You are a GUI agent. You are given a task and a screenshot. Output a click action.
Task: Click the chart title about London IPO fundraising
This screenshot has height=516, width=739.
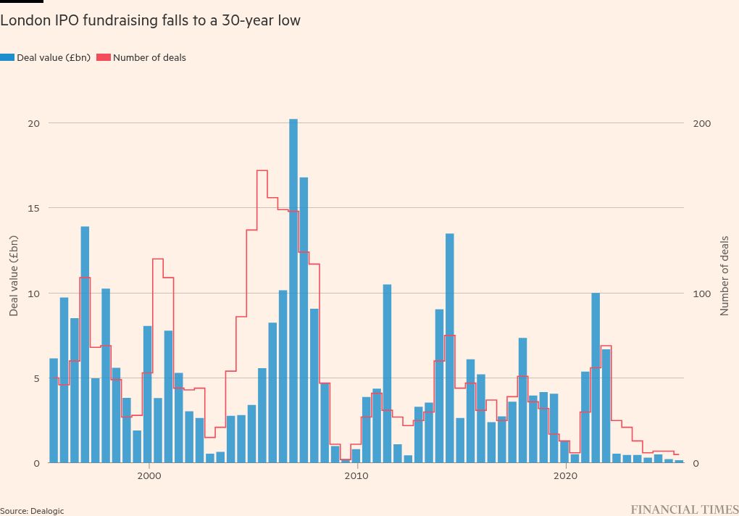coord(150,20)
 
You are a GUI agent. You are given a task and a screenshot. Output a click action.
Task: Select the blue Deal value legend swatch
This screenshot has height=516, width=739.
coord(7,57)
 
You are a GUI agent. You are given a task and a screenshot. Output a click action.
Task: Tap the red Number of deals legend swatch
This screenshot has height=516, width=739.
coord(104,57)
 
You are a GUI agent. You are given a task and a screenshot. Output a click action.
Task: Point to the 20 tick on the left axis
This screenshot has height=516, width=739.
coord(33,123)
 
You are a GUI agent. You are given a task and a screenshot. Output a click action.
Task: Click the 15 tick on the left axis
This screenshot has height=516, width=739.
coord(33,208)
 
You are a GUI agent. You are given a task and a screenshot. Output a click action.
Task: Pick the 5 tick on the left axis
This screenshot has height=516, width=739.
coord(36,378)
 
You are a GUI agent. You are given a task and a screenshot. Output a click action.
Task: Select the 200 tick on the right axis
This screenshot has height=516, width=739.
coord(701,123)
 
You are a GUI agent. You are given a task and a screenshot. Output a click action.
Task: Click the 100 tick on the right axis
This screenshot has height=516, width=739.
coord(701,294)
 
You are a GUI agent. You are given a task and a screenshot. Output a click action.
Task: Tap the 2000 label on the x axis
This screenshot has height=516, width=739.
coord(149,476)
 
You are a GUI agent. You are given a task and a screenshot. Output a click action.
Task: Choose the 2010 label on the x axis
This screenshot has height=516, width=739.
coord(356,476)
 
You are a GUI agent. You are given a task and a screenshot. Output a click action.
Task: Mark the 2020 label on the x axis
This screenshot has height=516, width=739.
coord(565,476)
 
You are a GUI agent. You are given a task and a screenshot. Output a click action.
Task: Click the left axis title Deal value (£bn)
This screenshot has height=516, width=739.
coord(14,276)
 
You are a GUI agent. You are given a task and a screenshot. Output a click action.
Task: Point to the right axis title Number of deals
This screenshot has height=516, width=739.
coord(725,276)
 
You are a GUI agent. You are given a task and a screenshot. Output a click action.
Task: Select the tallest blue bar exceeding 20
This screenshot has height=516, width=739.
coord(293,290)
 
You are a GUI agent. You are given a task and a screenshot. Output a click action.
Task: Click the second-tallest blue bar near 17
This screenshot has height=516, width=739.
coord(304,319)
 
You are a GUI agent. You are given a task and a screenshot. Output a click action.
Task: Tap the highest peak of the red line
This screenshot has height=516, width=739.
coord(262,171)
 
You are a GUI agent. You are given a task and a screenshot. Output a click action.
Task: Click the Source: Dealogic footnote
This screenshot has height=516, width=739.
coord(32,511)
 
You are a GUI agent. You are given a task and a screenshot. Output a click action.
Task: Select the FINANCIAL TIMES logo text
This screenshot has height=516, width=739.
coord(684,510)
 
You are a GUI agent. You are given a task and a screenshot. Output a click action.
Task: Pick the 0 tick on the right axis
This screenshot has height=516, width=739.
coord(696,463)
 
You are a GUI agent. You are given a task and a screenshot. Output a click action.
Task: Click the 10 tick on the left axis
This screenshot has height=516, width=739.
coord(33,294)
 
